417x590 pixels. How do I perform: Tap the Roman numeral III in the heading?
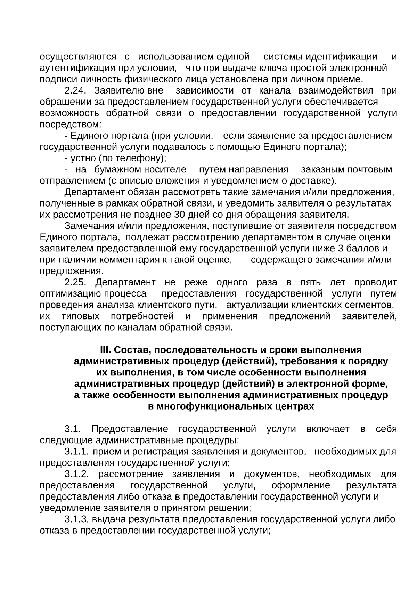click(105, 350)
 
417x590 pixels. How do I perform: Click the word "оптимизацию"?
click(71, 294)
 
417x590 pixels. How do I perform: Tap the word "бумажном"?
click(118, 170)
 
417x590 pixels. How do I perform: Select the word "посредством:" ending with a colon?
click(71, 124)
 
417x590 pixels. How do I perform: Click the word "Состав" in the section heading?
click(130, 350)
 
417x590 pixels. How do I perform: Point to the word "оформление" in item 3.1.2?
click(301, 485)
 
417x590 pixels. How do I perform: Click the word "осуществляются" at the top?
click(78, 57)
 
